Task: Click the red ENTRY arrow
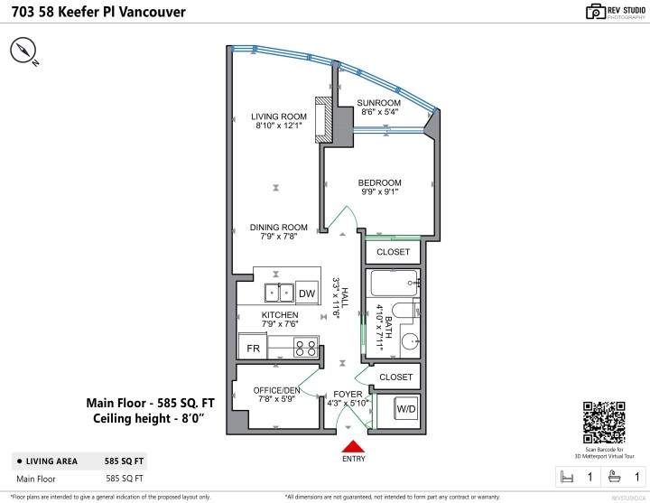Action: click(353, 445)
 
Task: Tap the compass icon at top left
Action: click(24, 53)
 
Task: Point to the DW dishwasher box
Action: click(307, 293)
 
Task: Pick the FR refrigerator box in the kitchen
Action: click(254, 348)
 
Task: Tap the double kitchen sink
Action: click(278, 293)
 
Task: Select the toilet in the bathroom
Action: click(407, 313)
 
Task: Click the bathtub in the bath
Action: click(395, 284)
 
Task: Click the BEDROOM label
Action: click(379, 182)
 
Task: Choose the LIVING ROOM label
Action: click(278, 116)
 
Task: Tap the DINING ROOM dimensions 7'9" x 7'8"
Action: click(278, 238)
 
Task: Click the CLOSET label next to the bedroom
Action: click(393, 252)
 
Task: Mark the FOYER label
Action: click(347, 394)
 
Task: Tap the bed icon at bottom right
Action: click(568, 476)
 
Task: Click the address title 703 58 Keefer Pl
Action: click(99, 13)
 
